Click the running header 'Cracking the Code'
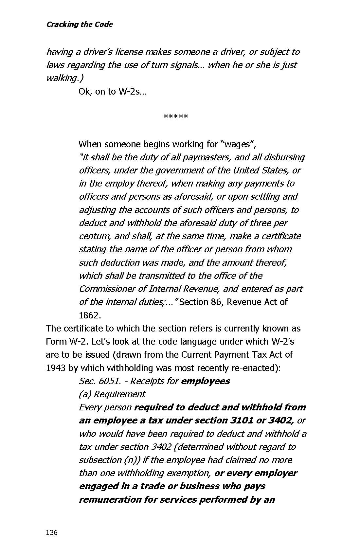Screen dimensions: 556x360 pos(79,25)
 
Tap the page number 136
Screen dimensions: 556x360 pos(52,532)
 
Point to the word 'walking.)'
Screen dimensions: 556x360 pos(64,78)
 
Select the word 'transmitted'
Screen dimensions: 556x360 pos(162,276)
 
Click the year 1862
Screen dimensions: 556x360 pos(90,315)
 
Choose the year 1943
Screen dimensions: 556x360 pos(56,368)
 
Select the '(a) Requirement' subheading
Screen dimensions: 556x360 pos(112,394)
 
